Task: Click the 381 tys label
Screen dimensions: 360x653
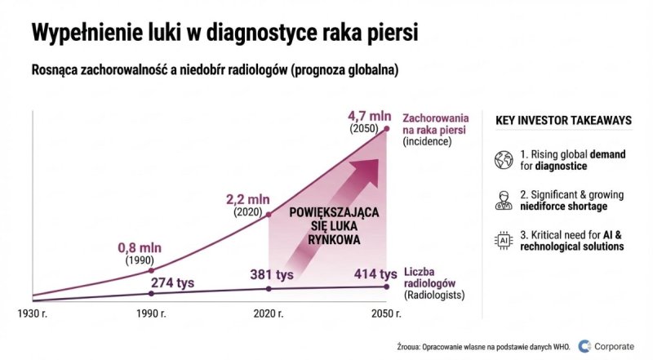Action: [272, 274]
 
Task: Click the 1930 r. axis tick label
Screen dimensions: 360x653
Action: [33, 313]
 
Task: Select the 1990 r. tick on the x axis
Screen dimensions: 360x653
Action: [152, 313]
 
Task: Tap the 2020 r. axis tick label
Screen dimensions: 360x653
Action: [269, 313]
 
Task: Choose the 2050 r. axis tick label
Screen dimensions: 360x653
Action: [387, 313]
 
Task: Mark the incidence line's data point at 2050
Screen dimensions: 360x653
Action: [388, 128]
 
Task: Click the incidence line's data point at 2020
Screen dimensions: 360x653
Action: [269, 215]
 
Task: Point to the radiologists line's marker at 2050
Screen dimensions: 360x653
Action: [388, 286]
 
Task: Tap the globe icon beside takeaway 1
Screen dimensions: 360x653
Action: [503, 159]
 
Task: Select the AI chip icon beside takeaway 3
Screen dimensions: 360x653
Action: [503, 240]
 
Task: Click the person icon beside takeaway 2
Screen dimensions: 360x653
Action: [503, 200]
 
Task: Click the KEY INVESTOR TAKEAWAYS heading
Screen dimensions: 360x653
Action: [563, 120]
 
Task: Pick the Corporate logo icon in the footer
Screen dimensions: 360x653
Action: [584, 345]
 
